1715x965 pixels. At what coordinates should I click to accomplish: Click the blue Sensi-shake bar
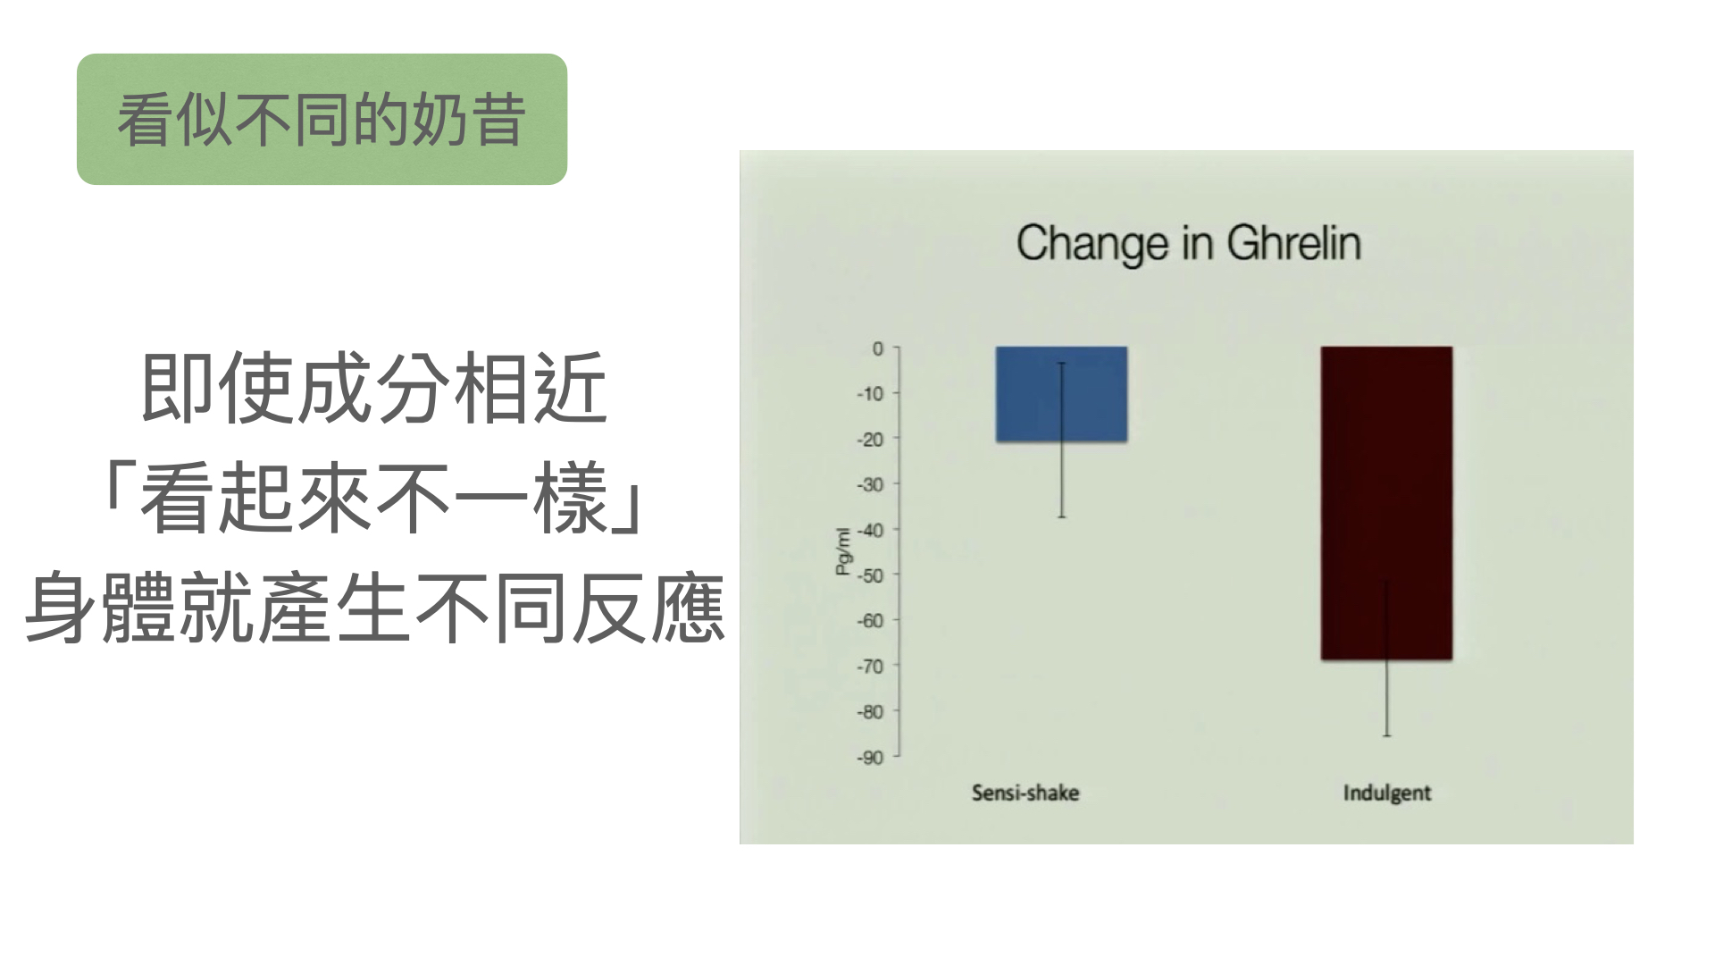click(1061, 394)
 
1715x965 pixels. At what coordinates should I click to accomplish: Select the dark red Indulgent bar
click(1386, 503)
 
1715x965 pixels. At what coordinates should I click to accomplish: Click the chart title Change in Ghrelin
click(1188, 244)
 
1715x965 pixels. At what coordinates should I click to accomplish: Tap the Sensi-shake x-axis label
click(1025, 793)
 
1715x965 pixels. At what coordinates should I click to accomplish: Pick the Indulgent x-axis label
click(1387, 793)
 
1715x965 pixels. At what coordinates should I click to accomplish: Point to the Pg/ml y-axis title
click(842, 551)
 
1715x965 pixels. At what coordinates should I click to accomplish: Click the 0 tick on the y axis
click(878, 348)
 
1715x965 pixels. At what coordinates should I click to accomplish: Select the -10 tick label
click(870, 393)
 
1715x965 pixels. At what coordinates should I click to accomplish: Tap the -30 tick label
click(870, 484)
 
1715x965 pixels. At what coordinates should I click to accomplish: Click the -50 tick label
click(870, 575)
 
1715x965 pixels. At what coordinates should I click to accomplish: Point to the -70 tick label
click(870, 667)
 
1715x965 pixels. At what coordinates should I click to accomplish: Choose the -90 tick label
click(870, 758)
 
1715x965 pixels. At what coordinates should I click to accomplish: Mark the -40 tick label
click(870, 530)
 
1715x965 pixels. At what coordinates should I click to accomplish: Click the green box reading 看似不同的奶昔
click(322, 120)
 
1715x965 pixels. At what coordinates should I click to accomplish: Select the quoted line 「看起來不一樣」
click(373, 499)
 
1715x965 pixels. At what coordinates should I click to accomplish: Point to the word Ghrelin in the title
click(1293, 244)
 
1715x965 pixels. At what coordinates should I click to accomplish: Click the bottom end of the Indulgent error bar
click(1387, 735)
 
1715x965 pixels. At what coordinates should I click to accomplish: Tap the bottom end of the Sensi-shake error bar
click(1062, 516)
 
